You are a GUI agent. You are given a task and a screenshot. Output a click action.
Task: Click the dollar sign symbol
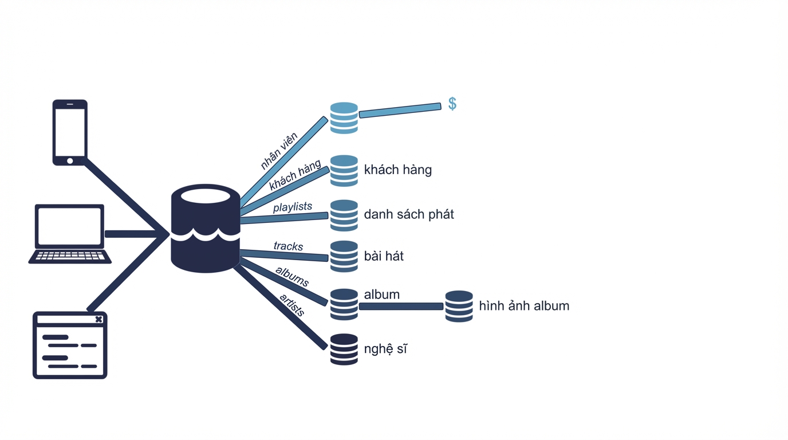coord(452,104)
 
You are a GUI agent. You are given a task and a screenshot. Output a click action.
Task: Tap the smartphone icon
coord(70,132)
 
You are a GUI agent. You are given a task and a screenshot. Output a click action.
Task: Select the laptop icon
coord(70,234)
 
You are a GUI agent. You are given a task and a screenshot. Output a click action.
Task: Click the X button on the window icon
coord(99,319)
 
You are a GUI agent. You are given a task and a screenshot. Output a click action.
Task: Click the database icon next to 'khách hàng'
coord(344,171)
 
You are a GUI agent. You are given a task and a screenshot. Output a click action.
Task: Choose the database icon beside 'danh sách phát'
coord(344,215)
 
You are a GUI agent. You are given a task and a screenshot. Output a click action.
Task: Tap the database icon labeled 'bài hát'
coord(344,256)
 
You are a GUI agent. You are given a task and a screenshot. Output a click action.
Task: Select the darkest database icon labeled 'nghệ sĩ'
coord(344,349)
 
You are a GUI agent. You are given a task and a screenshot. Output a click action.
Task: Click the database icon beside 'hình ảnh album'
coord(459,307)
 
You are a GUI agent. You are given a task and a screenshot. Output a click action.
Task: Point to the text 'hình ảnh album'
coord(524,305)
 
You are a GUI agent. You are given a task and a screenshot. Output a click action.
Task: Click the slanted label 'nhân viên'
coord(279,151)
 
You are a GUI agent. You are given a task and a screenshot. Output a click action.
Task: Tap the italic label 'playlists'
coord(293,207)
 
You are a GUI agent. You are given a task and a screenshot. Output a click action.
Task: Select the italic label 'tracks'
coord(289,246)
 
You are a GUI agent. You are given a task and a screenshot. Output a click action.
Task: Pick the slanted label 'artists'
coord(292,305)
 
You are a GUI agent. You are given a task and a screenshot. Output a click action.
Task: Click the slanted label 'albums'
coord(292,276)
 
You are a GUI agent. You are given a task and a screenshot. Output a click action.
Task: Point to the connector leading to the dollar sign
coord(400,110)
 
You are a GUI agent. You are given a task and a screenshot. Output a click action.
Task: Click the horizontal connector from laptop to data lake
coord(135,234)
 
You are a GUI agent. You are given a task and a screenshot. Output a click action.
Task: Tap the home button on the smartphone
coord(70,161)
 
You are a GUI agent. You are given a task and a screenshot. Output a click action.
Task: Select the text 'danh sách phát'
coord(409,214)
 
